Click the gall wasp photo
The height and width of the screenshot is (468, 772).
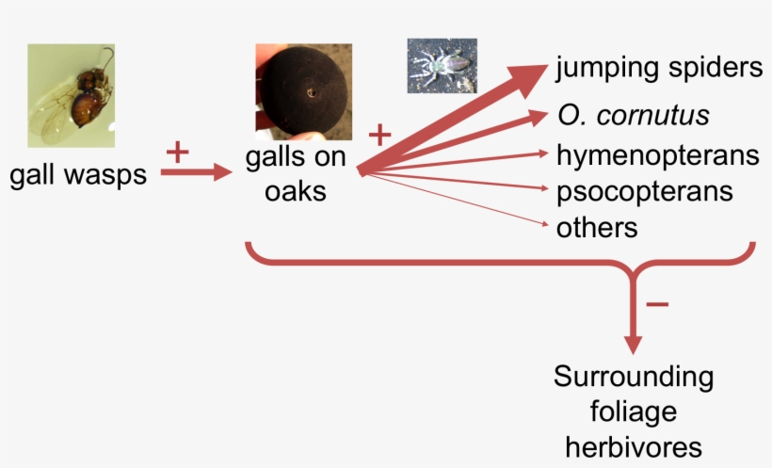tap(72, 95)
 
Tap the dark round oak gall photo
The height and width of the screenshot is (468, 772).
tap(304, 92)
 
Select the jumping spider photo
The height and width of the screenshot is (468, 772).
tap(442, 66)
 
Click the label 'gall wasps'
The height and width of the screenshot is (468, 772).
tap(78, 175)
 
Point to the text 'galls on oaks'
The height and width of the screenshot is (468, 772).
tap(296, 174)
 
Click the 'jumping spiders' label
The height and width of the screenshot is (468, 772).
tap(659, 68)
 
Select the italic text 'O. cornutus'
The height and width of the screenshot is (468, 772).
tap(634, 115)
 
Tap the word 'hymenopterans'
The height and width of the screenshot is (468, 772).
tap(658, 156)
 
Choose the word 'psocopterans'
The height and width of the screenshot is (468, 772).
tap(645, 192)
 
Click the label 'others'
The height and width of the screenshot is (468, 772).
tap(597, 228)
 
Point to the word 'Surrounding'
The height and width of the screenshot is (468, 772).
tap(634, 379)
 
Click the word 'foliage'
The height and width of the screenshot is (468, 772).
tap(634, 412)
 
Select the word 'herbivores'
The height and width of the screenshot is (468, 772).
tap(634, 447)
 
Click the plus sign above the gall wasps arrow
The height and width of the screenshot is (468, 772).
tap(178, 153)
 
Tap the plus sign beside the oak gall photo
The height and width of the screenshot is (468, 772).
tap(379, 135)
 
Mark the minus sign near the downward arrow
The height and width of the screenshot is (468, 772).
tap(657, 304)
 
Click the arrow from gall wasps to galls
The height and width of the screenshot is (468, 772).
tap(196, 172)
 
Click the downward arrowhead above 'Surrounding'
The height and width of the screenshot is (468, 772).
tap(633, 345)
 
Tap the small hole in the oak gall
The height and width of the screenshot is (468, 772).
tap(312, 92)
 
